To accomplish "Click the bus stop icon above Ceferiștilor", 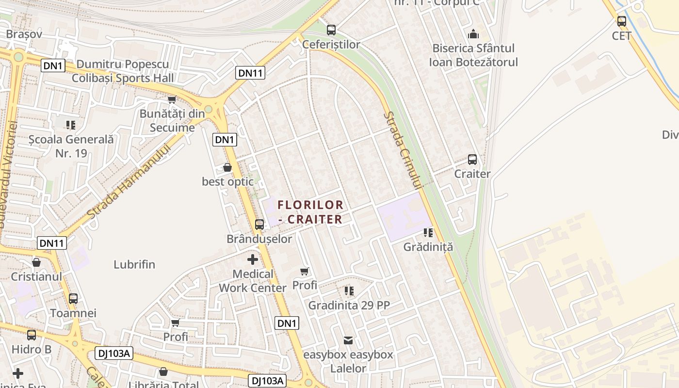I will [331, 30].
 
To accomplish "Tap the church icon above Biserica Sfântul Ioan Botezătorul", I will [473, 34].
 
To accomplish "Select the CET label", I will [621, 36].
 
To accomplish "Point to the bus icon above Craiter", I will [472, 159].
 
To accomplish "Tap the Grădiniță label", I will [428, 247].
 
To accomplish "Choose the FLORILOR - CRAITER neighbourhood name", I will [310, 212].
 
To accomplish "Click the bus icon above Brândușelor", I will [259, 224].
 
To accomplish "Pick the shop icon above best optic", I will [227, 167].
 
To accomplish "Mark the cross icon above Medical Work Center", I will [253, 259].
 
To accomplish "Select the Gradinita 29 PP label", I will [349, 306].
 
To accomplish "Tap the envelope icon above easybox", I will [348, 340].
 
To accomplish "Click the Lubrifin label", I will [134, 264].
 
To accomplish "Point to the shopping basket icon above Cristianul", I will [36, 262].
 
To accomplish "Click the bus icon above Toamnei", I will [73, 299].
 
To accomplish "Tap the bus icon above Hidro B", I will [32, 335].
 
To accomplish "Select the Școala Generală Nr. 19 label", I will [71, 146].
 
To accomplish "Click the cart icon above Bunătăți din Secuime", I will [171, 100].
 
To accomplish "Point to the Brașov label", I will [24, 34].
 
